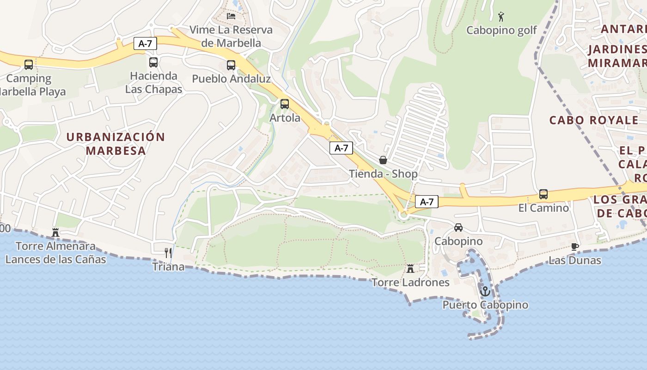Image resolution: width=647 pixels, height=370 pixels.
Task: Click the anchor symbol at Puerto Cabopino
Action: pos(485,291)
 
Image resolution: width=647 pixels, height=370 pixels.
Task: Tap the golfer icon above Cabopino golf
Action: pos(501,17)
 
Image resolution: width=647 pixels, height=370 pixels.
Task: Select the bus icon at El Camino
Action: pos(543,194)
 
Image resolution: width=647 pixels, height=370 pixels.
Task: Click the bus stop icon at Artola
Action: pos(285,104)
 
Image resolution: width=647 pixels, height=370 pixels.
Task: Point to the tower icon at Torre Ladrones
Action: pos(410,269)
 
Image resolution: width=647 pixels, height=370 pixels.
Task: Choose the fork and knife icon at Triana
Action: pos(168,253)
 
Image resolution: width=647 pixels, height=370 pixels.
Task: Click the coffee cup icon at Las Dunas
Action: pos(574,247)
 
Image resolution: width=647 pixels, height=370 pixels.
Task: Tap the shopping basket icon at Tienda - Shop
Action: pos(383,160)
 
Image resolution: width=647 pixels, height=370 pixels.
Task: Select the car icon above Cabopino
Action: pos(458,227)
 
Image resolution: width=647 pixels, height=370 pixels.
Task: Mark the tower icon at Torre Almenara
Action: pos(55,232)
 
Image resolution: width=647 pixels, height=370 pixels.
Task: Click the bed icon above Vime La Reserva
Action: pos(231,16)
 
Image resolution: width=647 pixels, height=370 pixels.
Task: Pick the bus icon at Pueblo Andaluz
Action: pos(231,65)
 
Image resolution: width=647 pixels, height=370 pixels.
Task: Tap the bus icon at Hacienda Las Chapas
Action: pos(153,62)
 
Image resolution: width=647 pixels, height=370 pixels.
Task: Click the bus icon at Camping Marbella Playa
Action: pos(29,64)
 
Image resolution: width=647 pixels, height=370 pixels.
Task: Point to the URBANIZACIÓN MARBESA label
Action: pos(116,143)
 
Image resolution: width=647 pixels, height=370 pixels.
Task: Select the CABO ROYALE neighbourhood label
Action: pos(593,120)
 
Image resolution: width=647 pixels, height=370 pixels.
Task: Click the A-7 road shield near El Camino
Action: pos(427,202)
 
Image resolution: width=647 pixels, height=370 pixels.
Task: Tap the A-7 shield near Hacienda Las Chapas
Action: pos(145,44)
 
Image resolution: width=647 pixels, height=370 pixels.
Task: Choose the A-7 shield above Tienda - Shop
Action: pos(341,148)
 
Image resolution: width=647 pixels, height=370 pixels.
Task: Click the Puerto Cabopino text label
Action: pos(485,305)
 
